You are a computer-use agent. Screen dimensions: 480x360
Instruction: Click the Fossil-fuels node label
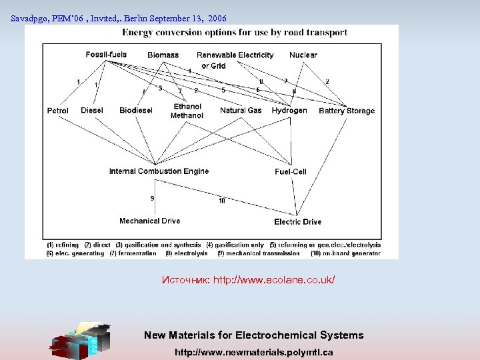click(106, 55)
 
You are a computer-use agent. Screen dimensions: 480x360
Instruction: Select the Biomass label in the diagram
click(163, 55)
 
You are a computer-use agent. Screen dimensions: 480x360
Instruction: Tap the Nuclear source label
click(303, 55)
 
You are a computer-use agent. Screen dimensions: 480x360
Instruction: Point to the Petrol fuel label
click(58, 111)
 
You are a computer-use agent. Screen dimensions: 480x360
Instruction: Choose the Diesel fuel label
click(92, 111)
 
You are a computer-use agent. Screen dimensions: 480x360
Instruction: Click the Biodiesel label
click(136, 111)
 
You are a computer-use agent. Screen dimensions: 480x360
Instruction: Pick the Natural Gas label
click(241, 111)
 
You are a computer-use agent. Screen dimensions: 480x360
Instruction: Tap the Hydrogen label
click(289, 111)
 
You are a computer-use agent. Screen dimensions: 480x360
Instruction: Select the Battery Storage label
click(347, 111)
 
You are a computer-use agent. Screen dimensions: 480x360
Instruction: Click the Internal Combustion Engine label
click(159, 171)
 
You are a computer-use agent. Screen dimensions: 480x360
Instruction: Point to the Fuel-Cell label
click(291, 172)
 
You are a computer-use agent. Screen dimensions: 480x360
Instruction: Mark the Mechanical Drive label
click(149, 221)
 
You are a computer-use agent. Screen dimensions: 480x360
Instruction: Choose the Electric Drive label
click(297, 222)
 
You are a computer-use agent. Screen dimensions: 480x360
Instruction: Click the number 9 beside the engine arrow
click(152, 198)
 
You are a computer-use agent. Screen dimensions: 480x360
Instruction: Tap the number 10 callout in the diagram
click(221, 201)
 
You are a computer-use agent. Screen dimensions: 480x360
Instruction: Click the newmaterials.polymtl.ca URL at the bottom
click(253, 351)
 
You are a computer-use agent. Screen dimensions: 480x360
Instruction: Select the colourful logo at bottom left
click(81, 341)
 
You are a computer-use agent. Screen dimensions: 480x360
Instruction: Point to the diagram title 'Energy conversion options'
click(235, 32)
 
